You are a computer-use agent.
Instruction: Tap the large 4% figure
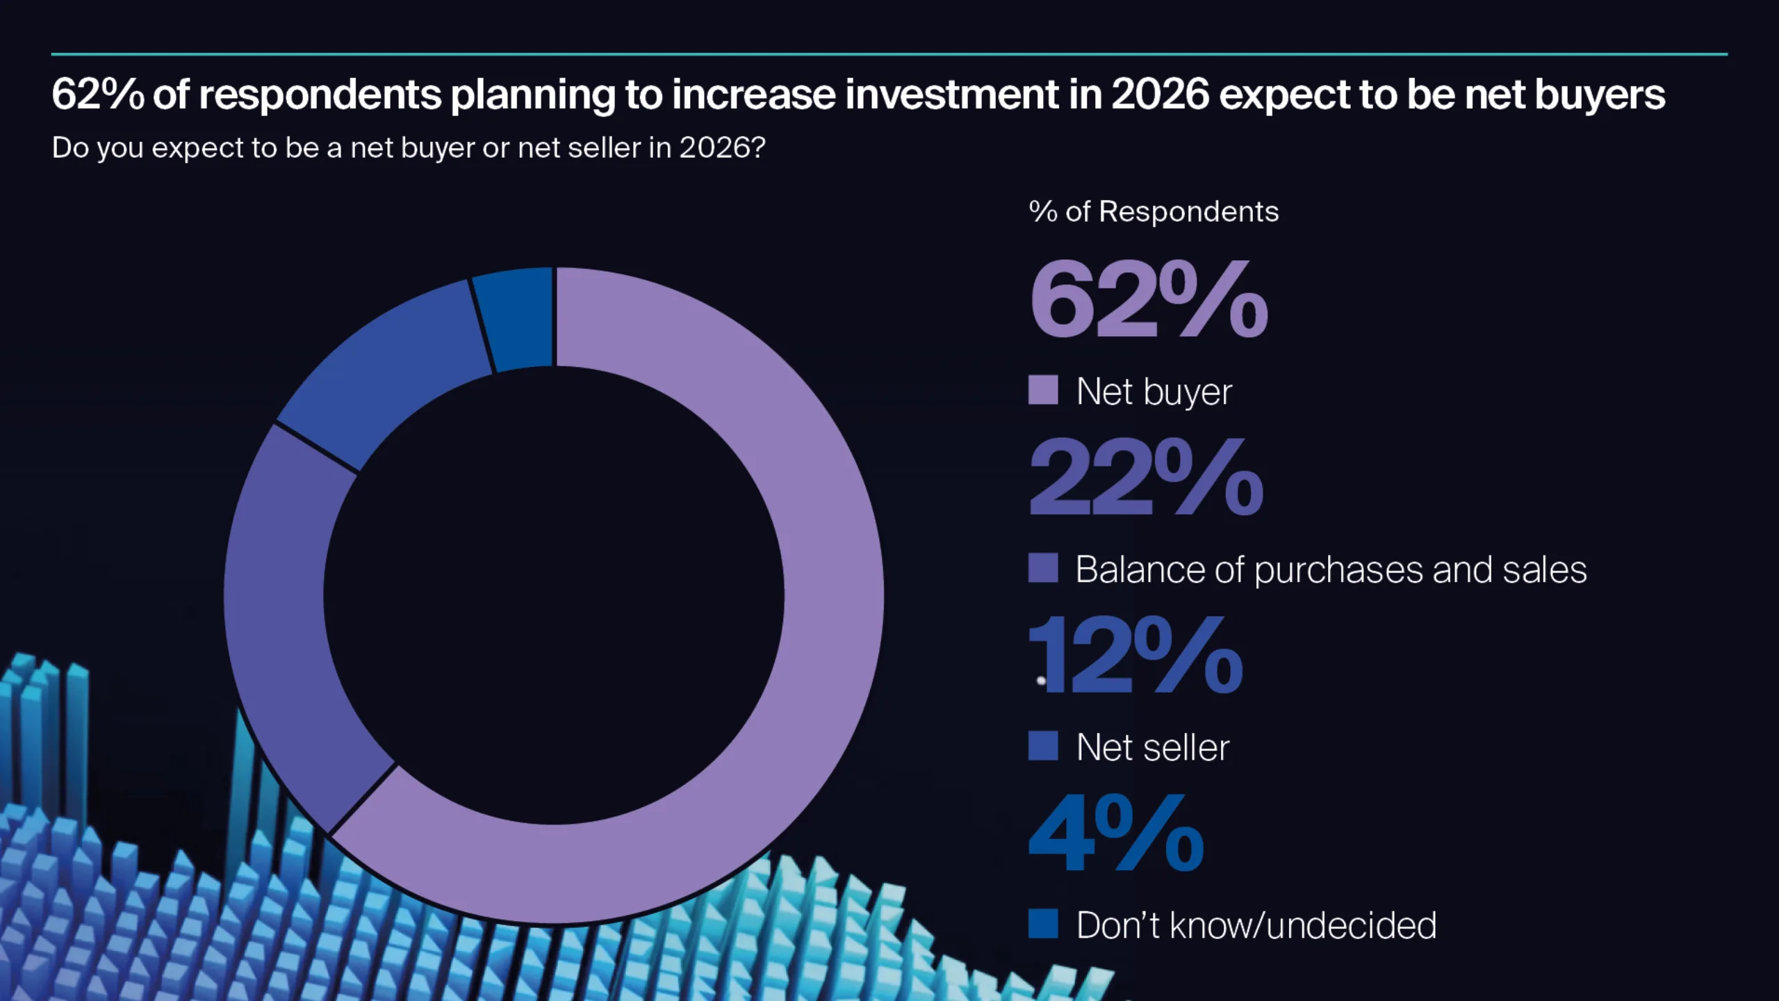point(1116,834)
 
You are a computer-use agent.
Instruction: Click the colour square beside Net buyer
point(1043,390)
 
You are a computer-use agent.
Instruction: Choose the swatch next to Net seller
point(1043,746)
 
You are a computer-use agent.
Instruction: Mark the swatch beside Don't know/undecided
point(1043,924)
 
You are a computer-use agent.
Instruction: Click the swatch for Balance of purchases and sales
point(1043,568)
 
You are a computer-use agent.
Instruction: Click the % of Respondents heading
point(1154,211)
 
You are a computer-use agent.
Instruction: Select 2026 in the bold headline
point(1160,95)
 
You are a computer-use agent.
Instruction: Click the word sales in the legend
point(1544,570)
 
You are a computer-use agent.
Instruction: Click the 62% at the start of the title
point(97,95)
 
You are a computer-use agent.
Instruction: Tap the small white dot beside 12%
point(1041,681)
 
